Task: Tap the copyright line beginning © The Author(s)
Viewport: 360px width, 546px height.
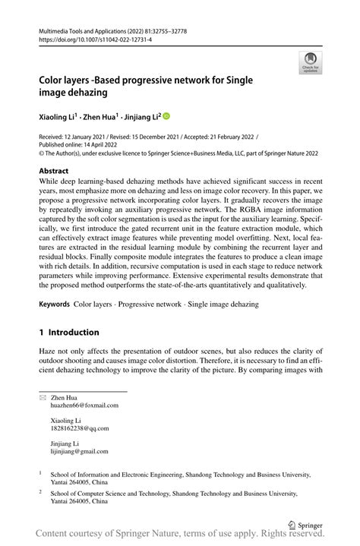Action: pyautogui.click(x=178, y=153)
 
